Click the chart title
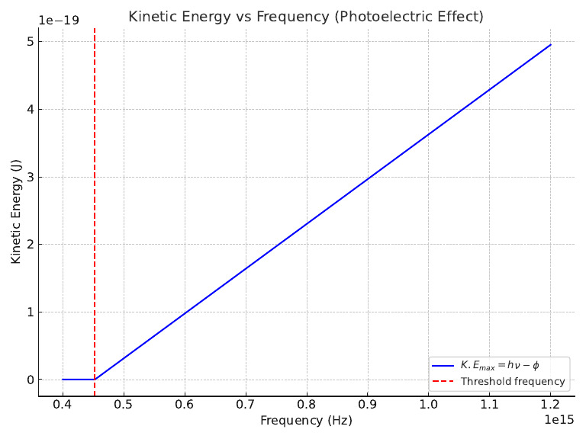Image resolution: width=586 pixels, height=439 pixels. (306, 16)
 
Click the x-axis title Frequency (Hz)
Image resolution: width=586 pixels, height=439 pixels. (306, 420)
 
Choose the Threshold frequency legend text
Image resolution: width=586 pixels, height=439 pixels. (513, 382)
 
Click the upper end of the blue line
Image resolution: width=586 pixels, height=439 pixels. (551, 44)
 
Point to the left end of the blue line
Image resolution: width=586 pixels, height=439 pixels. (63, 380)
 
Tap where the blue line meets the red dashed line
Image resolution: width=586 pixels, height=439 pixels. (95, 380)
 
